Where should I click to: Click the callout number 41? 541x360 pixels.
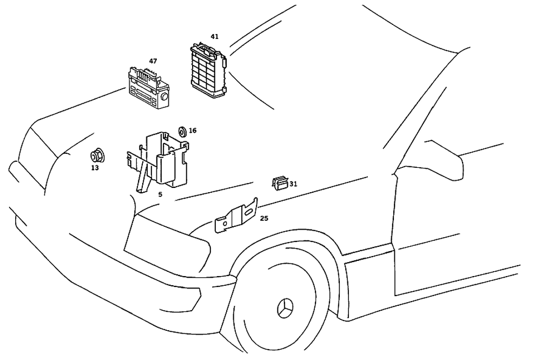click(215, 37)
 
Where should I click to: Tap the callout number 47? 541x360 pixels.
click(153, 61)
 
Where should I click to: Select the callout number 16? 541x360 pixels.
click(193, 130)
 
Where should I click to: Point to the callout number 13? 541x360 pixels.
click(95, 168)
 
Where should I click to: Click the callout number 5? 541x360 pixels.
click(160, 194)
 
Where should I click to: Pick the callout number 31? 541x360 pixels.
click(293, 184)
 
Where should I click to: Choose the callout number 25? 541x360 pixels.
click(264, 219)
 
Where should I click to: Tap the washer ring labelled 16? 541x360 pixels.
click(182, 130)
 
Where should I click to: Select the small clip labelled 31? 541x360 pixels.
click(280, 184)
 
